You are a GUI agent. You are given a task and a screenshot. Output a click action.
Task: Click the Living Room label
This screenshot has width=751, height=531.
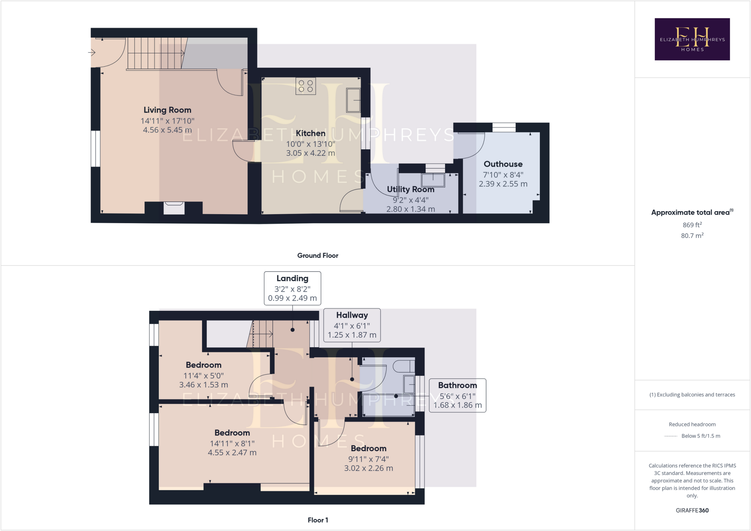click(x=167, y=110)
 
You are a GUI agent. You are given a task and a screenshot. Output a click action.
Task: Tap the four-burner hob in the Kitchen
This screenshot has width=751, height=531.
click(x=305, y=86)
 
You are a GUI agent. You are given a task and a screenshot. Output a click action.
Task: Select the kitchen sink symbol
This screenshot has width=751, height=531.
click(x=353, y=100)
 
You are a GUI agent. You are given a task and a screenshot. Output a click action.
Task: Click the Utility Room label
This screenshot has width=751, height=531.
click(x=410, y=189)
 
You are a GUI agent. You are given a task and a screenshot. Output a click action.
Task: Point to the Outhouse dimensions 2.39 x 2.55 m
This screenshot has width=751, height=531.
click(x=503, y=184)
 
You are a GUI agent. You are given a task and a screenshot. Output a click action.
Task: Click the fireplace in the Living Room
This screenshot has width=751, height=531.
click(x=174, y=207)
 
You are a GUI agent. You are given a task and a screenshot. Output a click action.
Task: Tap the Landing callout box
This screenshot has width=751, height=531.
click(x=292, y=288)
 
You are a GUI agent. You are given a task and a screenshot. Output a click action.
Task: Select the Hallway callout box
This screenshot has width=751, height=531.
click(x=352, y=325)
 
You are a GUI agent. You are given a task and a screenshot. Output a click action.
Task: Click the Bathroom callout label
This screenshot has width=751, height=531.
click(x=457, y=385)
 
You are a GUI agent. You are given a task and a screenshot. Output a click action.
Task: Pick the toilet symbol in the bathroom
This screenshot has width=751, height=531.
click(x=403, y=366)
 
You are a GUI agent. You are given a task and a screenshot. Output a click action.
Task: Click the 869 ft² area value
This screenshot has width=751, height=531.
click(x=692, y=225)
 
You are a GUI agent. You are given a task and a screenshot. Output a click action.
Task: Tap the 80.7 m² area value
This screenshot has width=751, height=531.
click(x=692, y=236)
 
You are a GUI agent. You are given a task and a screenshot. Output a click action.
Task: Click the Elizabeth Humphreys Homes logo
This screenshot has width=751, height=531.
click(x=692, y=39)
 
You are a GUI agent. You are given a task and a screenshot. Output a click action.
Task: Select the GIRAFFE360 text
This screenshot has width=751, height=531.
click(x=692, y=510)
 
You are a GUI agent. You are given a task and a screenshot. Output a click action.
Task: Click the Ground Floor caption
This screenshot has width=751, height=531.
click(x=318, y=255)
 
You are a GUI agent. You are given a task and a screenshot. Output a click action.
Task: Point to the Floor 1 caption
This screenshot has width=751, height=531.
click(x=318, y=520)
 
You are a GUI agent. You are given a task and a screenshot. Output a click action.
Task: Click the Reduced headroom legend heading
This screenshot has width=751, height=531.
click(x=692, y=424)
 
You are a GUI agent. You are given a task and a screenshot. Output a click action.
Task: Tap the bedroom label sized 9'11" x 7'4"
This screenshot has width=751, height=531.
click(x=368, y=449)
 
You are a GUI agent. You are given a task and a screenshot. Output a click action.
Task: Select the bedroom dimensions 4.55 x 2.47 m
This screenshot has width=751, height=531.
click(x=232, y=453)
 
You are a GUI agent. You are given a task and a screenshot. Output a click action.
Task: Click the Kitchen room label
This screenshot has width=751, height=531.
click(x=310, y=133)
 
